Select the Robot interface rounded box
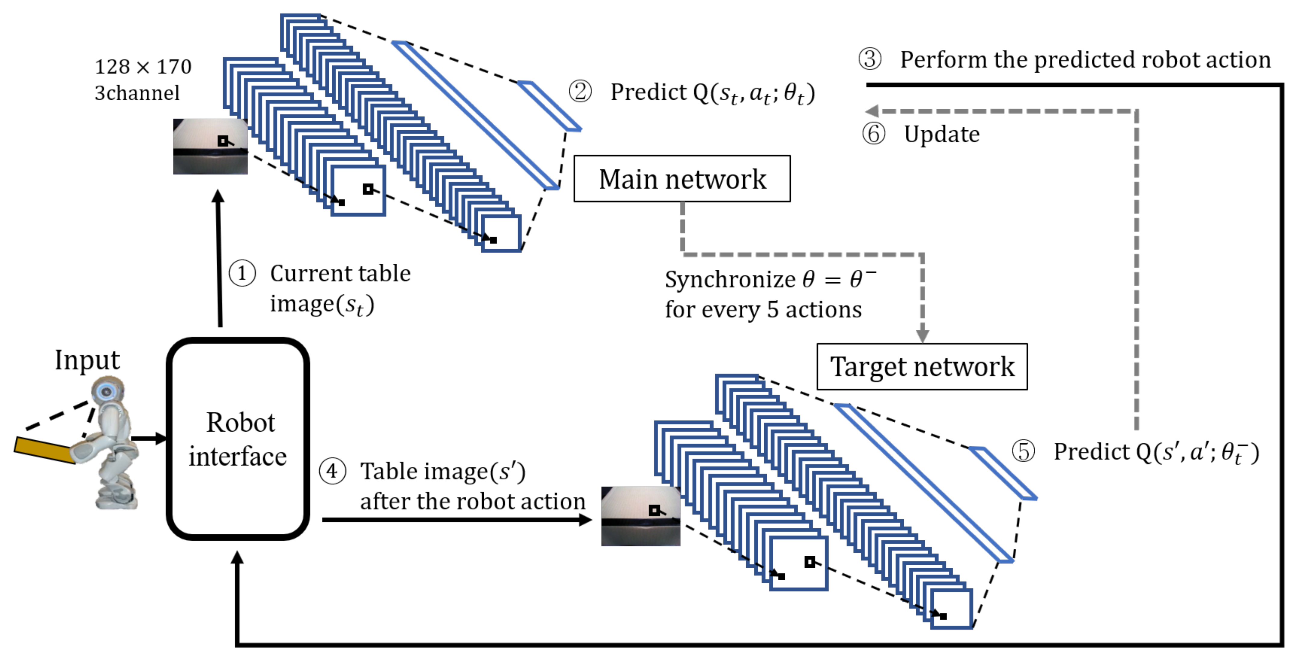click(x=238, y=439)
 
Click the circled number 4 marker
click(x=332, y=471)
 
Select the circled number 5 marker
click(x=1023, y=451)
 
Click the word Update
click(x=942, y=134)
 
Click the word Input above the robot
click(x=87, y=360)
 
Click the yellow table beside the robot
click(x=43, y=450)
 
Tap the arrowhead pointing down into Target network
click(x=922, y=336)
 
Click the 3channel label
click(x=137, y=93)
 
